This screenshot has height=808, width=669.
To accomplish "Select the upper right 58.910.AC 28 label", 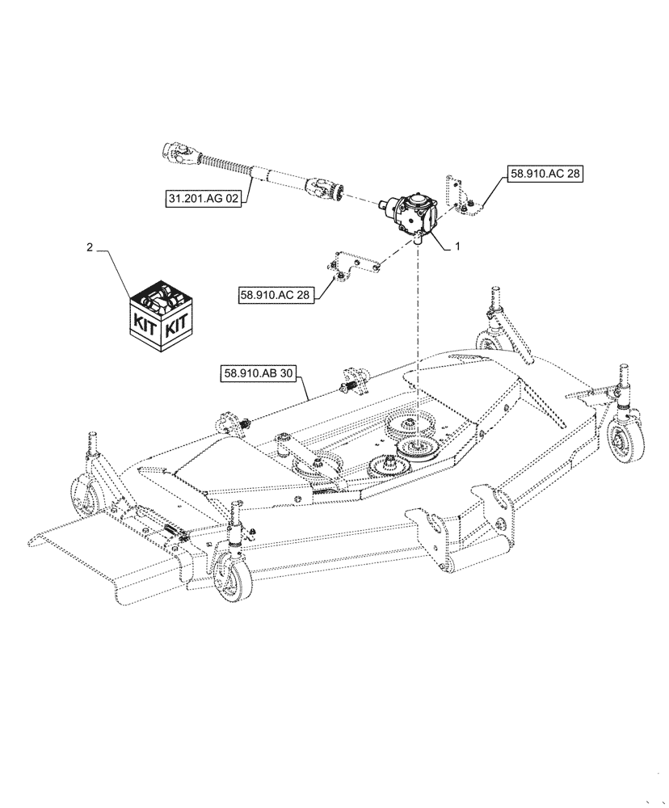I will click(x=544, y=173).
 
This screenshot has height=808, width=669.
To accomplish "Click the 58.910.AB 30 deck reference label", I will click(x=258, y=374).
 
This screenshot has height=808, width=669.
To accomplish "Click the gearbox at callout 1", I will click(x=414, y=215).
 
